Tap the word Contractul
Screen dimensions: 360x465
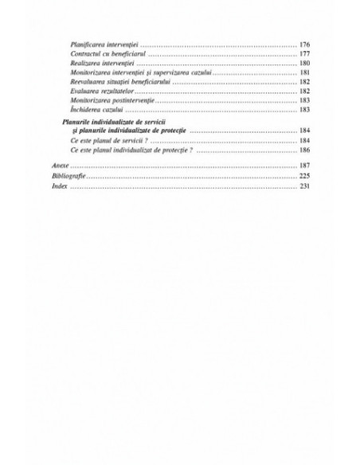click(84, 53)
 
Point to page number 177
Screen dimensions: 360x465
click(304, 53)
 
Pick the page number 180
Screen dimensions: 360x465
click(304, 63)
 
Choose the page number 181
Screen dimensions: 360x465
click(304, 72)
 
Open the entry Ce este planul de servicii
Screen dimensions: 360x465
click(105, 140)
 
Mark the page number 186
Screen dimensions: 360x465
click(304, 150)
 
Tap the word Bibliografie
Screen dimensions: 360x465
click(66, 174)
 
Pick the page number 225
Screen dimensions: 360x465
click(304, 174)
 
